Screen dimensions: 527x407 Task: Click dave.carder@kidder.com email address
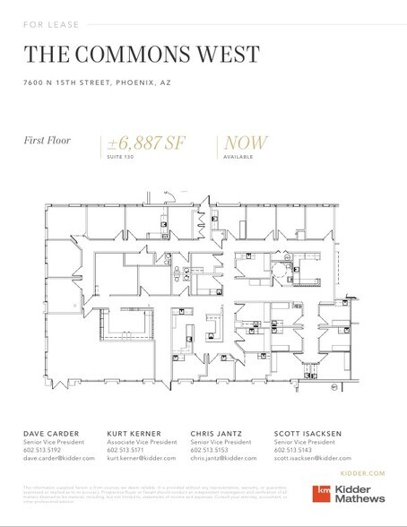click(59, 458)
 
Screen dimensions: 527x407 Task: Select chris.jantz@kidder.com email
click(224, 458)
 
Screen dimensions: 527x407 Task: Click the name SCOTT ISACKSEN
click(307, 434)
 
